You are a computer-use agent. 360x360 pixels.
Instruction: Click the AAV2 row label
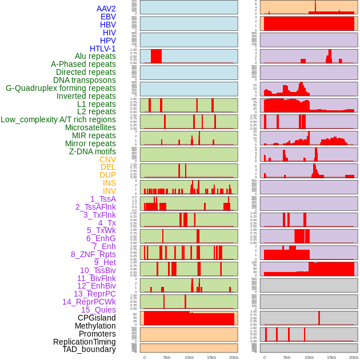point(106,9)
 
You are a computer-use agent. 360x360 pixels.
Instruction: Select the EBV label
point(108,17)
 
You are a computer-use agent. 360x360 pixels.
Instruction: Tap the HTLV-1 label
point(102,49)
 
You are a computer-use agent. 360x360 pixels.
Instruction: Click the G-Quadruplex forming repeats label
point(61,88)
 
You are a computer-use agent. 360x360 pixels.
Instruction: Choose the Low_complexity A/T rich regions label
point(58,119)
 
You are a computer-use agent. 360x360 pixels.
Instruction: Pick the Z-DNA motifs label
point(93,151)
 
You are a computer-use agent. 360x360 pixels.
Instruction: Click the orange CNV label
point(107,159)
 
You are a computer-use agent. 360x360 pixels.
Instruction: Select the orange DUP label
point(107,175)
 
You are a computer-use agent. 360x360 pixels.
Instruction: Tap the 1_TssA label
point(103,199)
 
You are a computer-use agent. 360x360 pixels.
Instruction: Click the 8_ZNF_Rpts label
point(93,254)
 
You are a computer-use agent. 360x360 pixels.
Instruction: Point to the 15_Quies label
point(98,310)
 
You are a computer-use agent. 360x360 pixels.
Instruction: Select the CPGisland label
point(97,318)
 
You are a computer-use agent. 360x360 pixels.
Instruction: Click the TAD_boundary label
point(89,349)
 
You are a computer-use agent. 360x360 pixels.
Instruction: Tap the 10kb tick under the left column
point(189,357)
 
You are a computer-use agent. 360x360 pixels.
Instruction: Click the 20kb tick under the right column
point(354,357)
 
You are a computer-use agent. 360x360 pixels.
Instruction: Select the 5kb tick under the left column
point(167,357)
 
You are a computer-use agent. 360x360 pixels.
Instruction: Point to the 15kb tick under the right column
point(331,357)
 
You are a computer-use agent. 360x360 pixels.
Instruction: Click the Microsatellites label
point(90,127)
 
